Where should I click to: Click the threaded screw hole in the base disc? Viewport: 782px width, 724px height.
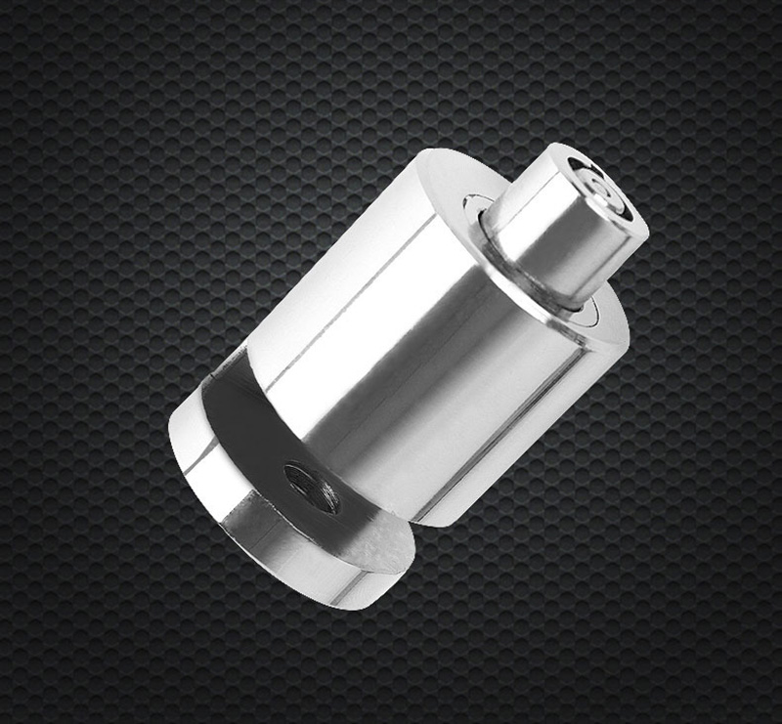coord(312,486)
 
